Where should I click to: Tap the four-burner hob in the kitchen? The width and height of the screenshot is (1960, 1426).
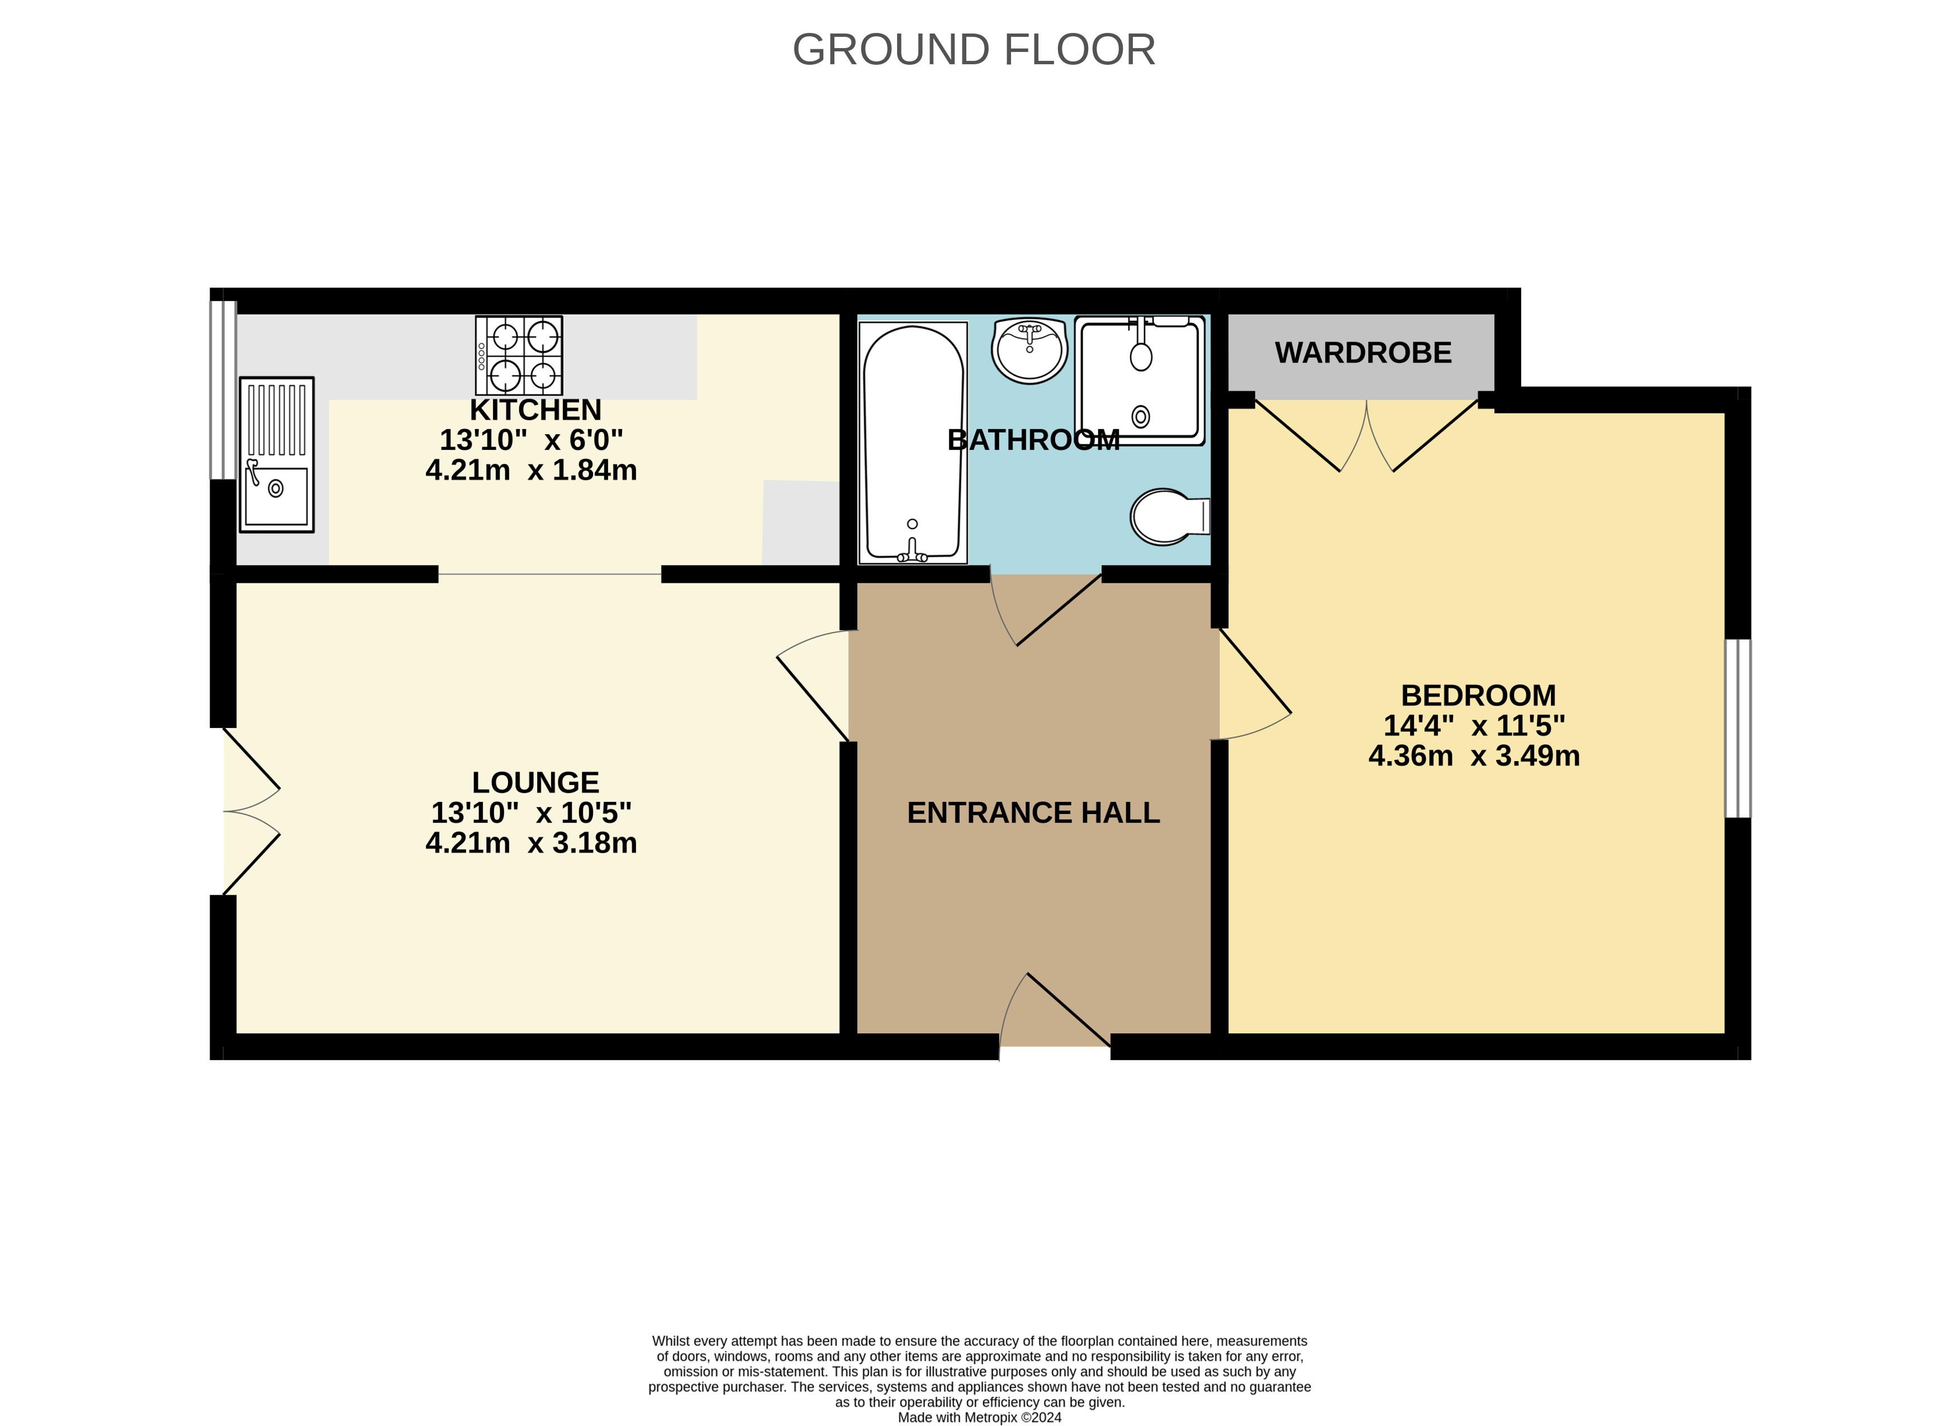click(519, 355)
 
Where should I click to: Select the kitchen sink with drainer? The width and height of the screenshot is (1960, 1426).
click(277, 455)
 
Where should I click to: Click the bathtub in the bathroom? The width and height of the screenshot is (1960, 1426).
click(913, 443)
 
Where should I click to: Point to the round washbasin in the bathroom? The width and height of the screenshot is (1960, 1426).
click(1029, 350)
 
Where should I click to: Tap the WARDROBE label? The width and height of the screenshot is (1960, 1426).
click(1363, 353)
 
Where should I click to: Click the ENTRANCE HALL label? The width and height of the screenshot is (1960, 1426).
click(1033, 812)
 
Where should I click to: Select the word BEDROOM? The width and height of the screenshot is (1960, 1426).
click(1478, 695)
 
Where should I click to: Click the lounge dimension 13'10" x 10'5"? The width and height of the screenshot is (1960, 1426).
click(530, 812)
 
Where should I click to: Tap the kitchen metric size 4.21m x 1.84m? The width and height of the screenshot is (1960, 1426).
click(530, 470)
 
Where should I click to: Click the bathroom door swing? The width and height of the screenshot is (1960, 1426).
click(1046, 609)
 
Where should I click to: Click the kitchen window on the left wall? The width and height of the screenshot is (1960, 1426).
click(223, 389)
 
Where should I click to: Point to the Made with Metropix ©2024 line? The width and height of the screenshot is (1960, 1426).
click(979, 1418)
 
